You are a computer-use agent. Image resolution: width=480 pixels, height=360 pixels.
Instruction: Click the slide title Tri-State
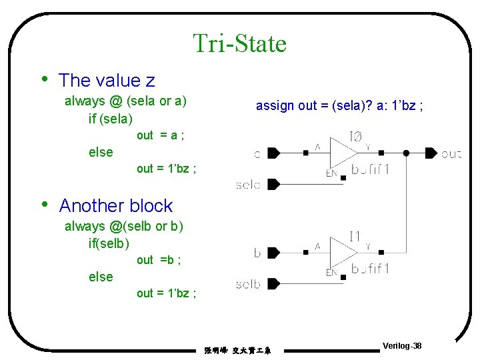tap(240, 43)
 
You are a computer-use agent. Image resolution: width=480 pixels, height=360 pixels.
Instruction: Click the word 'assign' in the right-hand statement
tap(273, 106)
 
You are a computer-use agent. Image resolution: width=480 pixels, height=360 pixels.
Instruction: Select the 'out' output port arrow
tap(431, 153)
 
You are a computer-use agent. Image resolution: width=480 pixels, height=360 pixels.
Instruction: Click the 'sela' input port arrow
tap(272, 184)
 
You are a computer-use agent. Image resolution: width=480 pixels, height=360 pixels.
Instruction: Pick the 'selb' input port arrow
tap(272, 283)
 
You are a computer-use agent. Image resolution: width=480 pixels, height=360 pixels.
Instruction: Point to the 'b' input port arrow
tap(272, 253)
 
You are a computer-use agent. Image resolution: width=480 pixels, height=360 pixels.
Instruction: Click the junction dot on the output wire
tap(406, 153)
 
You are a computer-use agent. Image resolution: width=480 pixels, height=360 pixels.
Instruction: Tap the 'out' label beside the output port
tap(451, 154)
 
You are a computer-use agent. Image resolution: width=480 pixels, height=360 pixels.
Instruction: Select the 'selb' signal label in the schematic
tap(248, 285)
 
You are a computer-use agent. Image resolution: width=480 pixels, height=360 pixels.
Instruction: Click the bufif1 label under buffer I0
tap(370, 169)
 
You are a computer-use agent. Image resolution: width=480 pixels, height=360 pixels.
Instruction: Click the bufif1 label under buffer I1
tap(370, 269)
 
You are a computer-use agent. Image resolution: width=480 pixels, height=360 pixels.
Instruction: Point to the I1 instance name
tap(355, 235)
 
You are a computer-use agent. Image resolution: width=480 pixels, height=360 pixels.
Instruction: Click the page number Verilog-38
tap(402, 346)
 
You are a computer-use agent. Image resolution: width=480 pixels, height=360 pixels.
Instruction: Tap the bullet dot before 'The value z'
tap(44, 79)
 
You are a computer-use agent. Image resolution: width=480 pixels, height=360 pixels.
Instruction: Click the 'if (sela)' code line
tap(111, 119)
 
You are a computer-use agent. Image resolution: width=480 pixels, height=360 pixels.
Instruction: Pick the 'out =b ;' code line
tap(159, 260)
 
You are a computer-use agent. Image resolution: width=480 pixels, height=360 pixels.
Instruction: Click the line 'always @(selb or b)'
tap(123, 227)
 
